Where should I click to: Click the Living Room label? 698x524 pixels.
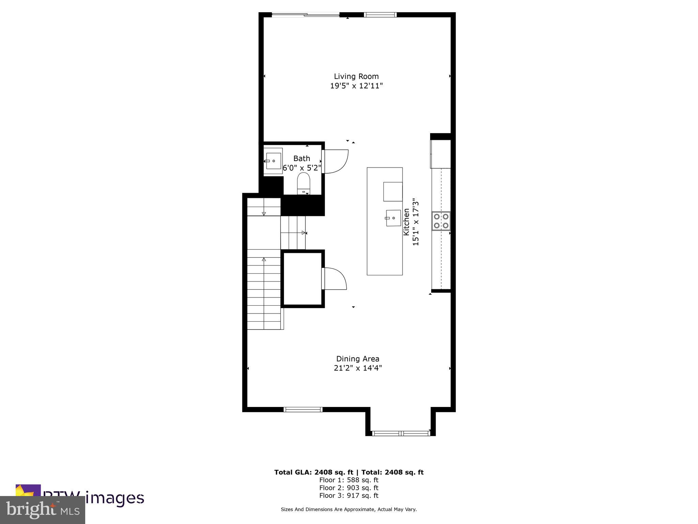pos(356,76)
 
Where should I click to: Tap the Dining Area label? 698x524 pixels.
pos(358,359)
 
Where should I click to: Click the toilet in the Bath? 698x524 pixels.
pos(303,183)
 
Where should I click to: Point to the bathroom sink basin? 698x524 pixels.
pos(273,161)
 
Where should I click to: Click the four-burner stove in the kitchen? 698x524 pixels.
pos(441,221)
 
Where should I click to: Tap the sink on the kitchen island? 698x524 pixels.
pos(393,218)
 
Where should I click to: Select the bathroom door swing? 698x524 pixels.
pos(336,161)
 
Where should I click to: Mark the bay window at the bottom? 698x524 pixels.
pos(400,434)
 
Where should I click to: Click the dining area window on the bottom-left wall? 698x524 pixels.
pos(303,410)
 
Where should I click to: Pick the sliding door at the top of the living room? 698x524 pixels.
pos(305,15)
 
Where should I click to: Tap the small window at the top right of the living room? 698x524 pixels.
pos(380,15)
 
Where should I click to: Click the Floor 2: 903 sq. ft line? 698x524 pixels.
pos(349,488)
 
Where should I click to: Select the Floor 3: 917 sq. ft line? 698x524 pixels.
pos(349,496)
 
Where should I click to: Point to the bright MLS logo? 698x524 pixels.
pos(43,510)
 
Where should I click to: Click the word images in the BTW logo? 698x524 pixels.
pos(115,498)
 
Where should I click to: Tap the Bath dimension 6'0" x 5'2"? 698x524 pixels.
pos(302,168)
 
